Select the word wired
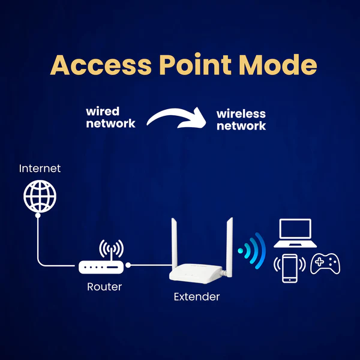tap(103, 111)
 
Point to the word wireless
tap(241, 113)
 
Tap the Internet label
tap(40, 169)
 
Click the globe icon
tap(40, 197)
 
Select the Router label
tap(104, 287)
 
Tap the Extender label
tap(197, 296)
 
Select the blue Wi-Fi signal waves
tap(252, 251)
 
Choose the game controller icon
tap(326, 264)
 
